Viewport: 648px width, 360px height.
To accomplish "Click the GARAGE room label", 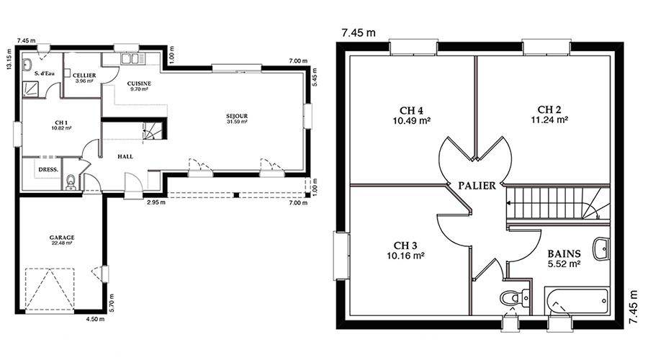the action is (x=62, y=238).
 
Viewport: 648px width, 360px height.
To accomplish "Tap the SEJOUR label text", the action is (x=237, y=116).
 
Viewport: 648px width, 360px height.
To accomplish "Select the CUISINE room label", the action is (x=139, y=84).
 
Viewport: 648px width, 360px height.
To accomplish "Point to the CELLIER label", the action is (x=84, y=76).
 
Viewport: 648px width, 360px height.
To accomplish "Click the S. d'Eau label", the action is (x=45, y=73).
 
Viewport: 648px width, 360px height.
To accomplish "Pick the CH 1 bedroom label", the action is (x=61, y=122).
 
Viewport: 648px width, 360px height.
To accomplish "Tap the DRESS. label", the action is (x=48, y=170).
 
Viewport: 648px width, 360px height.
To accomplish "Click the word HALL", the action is (x=125, y=157).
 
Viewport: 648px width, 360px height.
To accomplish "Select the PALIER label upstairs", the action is (x=477, y=186).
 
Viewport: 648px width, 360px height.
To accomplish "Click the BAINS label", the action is (x=564, y=253).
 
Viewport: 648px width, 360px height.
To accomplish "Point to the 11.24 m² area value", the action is (x=549, y=120).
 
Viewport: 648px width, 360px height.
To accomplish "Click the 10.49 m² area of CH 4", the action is (x=412, y=121).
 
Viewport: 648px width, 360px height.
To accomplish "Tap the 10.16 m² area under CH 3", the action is (x=405, y=256).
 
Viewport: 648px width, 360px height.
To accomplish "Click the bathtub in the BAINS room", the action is (x=577, y=301).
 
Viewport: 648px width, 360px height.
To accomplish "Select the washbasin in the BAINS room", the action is (x=601, y=249).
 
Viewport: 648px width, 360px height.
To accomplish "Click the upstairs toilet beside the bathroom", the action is (x=514, y=297).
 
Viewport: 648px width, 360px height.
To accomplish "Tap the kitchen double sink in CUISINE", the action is (x=133, y=59).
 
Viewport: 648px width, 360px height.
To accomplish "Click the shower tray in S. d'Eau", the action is (x=30, y=89).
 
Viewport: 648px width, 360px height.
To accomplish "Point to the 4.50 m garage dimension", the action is (x=95, y=319).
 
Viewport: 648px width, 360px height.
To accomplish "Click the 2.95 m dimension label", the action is (x=157, y=202).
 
